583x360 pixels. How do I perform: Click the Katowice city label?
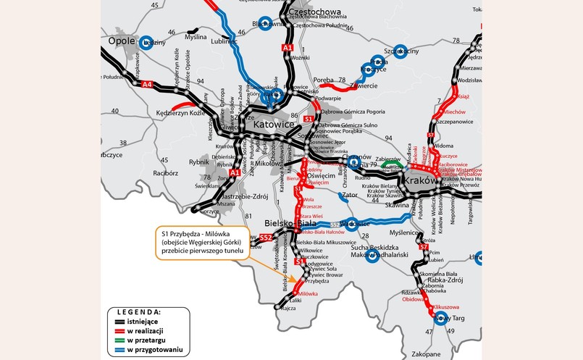(272, 125)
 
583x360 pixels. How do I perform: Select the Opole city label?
(121, 41)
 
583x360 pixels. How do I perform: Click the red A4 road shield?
(148, 85)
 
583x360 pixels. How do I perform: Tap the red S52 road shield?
(266, 237)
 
